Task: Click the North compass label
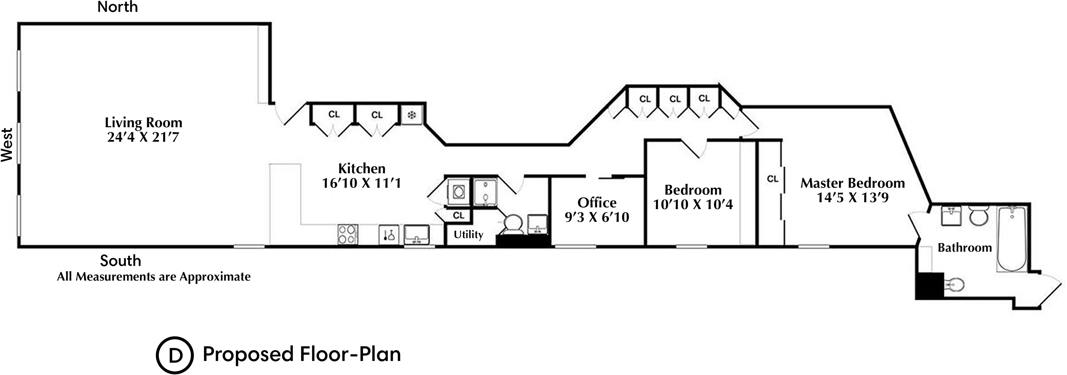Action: [x=117, y=7]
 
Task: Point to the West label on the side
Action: [x=7, y=145]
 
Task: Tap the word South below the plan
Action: [x=120, y=261]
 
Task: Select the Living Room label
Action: [x=143, y=123]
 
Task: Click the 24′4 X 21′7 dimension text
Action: [x=143, y=137]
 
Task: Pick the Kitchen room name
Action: [x=362, y=169]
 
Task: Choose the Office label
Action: [x=597, y=203]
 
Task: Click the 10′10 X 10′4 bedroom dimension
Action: [x=693, y=204]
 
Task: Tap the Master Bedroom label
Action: [x=852, y=183]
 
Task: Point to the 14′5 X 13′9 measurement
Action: [x=852, y=198]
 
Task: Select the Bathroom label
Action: [x=965, y=248]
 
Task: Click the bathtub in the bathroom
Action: [x=1011, y=239]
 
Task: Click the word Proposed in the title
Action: [x=248, y=354]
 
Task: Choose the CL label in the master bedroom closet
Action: [x=772, y=179]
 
